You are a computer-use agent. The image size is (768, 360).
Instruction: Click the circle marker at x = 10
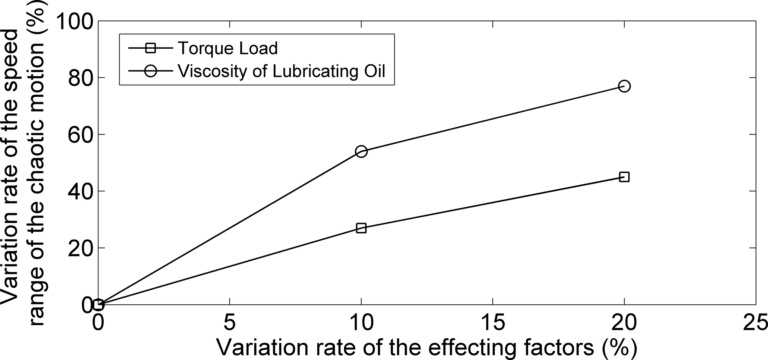point(361,151)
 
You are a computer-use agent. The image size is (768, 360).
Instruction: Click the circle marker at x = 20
point(624,86)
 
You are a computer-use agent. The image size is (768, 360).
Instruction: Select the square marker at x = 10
point(361,228)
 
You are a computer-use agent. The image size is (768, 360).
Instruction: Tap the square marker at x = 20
point(624,177)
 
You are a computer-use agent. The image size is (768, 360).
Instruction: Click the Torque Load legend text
point(228,48)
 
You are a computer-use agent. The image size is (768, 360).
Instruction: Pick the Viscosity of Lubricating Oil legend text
point(282,71)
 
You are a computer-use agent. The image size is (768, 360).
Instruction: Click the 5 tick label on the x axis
point(230,322)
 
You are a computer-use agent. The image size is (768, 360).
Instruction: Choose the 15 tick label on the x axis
point(493,322)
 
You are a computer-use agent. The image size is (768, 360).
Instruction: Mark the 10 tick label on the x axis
point(361,322)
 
